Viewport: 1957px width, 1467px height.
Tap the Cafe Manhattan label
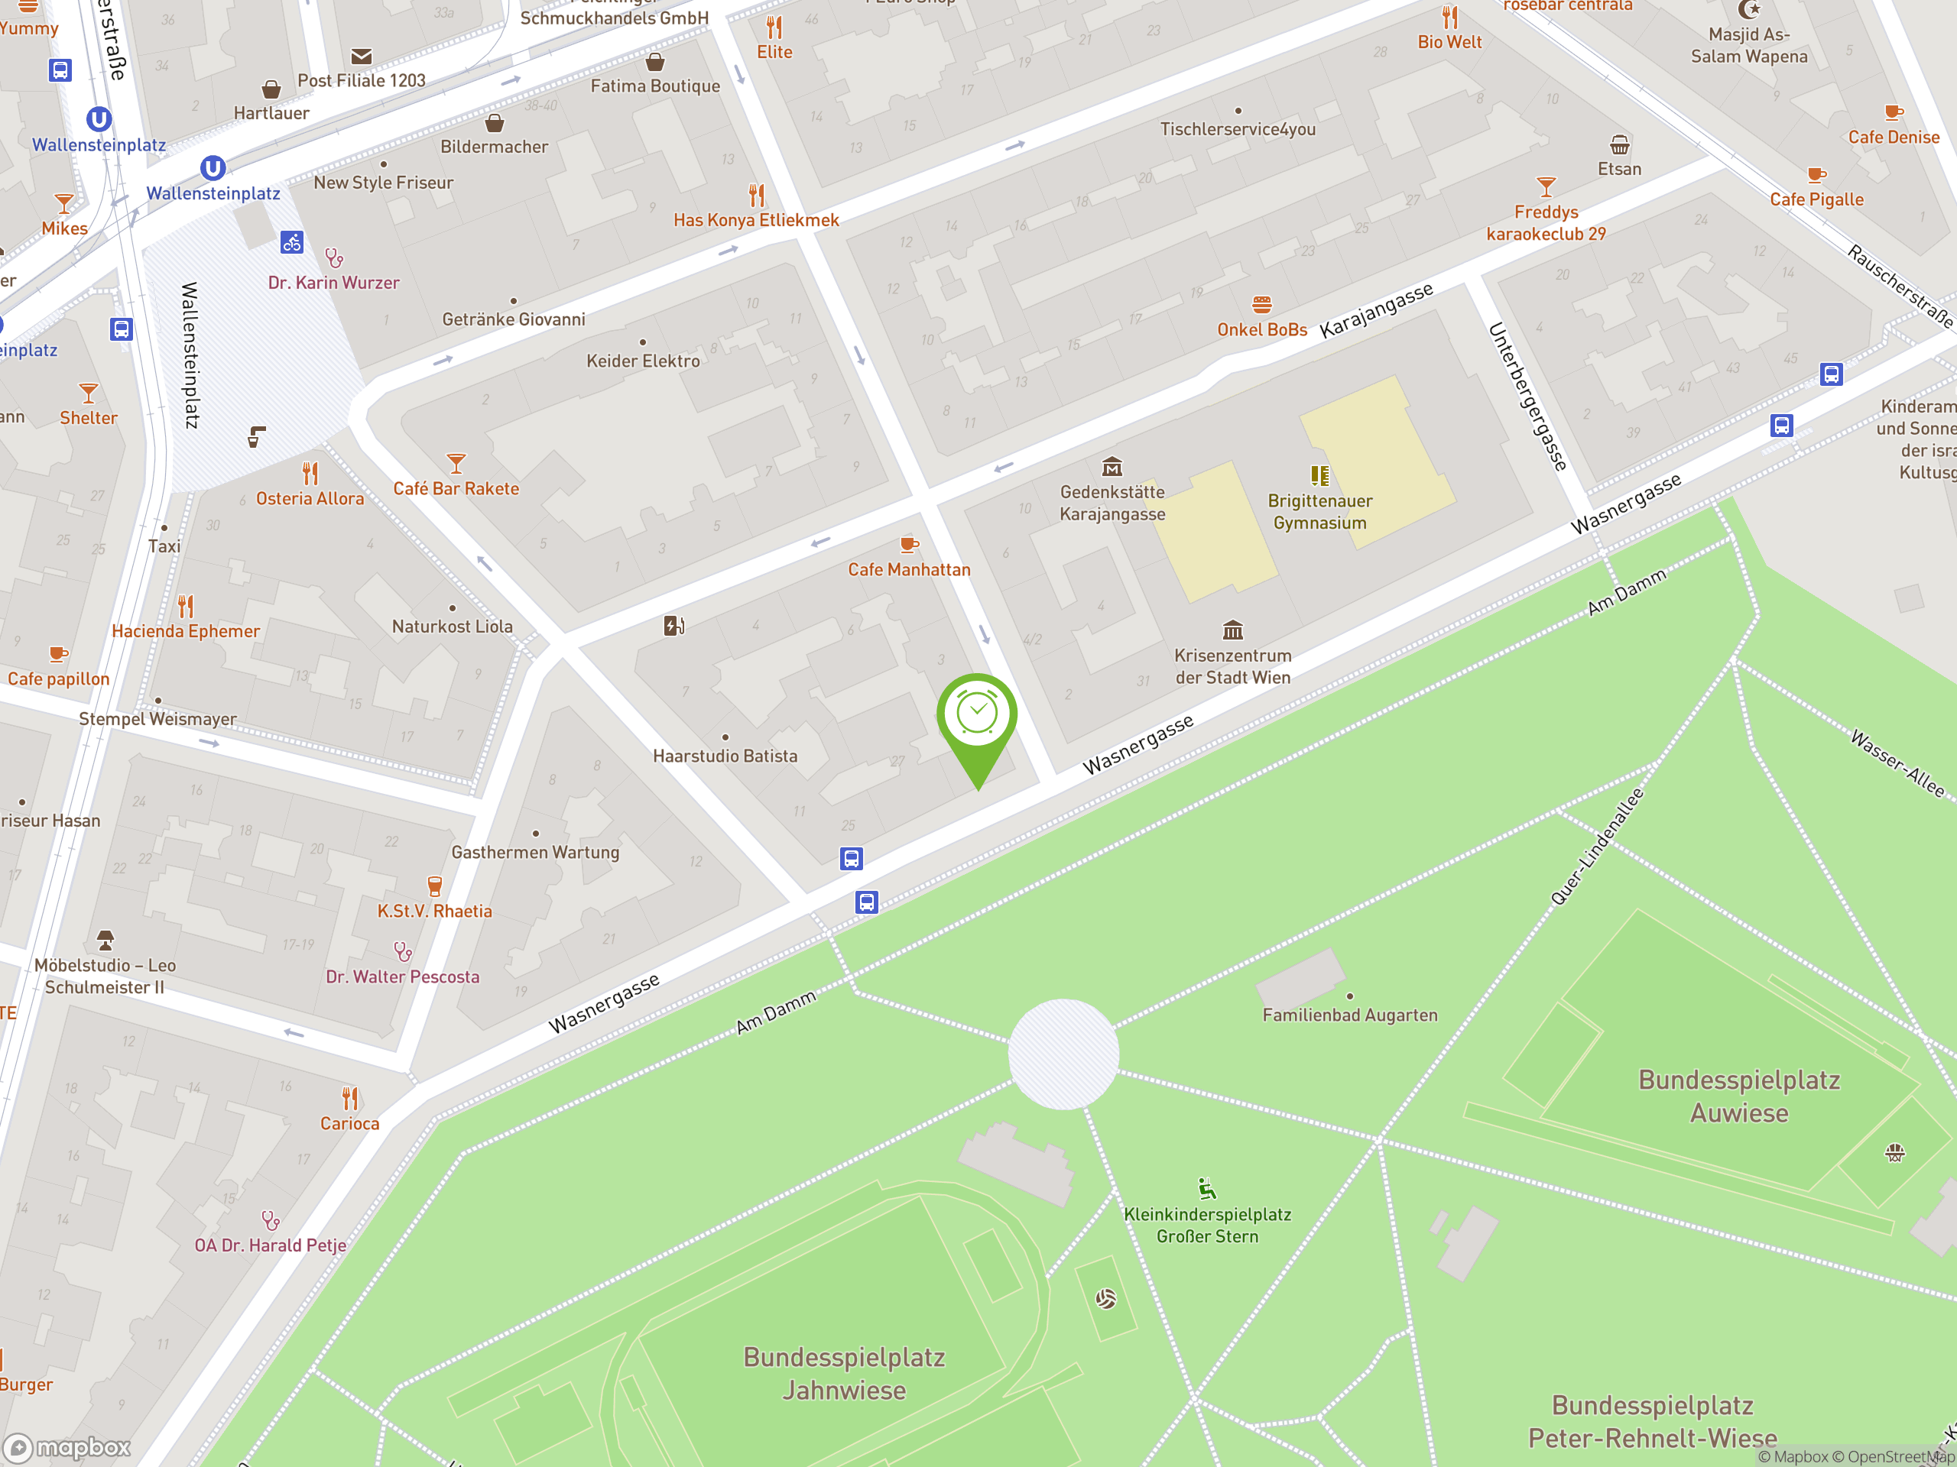(x=909, y=569)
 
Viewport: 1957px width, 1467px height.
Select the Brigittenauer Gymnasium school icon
(x=1319, y=476)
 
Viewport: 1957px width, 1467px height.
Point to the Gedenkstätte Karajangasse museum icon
(x=1112, y=466)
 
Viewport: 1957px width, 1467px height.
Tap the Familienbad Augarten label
(x=1349, y=1015)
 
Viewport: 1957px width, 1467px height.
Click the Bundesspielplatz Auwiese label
(x=1738, y=1096)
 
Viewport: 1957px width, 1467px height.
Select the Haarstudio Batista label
(x=725, y=756)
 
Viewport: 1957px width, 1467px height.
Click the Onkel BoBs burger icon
(x=1261, y=305)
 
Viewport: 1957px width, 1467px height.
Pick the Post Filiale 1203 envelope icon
(x=361, y=57)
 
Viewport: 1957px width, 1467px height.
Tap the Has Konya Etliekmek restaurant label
(x=755, y=220)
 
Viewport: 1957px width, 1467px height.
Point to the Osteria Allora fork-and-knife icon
(x=310, y=473)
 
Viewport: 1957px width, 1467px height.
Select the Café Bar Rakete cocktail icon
(x=456, y=463)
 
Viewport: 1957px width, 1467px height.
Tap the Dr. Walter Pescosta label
(x=403, y=977)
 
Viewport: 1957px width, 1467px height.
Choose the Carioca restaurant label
(x=349, y=1124)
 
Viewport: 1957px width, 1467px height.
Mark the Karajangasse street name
(x=1376, y=311)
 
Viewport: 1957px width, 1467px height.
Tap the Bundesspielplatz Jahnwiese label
(x=844, y=1373)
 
